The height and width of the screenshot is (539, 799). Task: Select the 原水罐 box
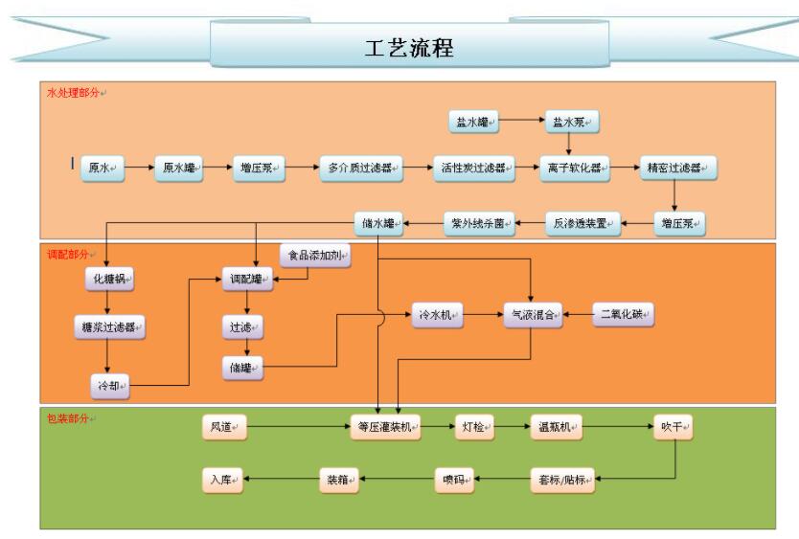coord(179,168)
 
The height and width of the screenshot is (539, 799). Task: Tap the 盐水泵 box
coord(572,122)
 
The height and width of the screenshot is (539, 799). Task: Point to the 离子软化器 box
coord(572,168)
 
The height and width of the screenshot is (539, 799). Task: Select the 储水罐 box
coord(378,224)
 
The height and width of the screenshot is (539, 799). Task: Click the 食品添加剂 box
coord(315,256)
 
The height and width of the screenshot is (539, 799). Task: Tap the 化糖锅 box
coord(108,280)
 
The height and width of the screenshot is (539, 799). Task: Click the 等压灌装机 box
coord(384,428)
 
